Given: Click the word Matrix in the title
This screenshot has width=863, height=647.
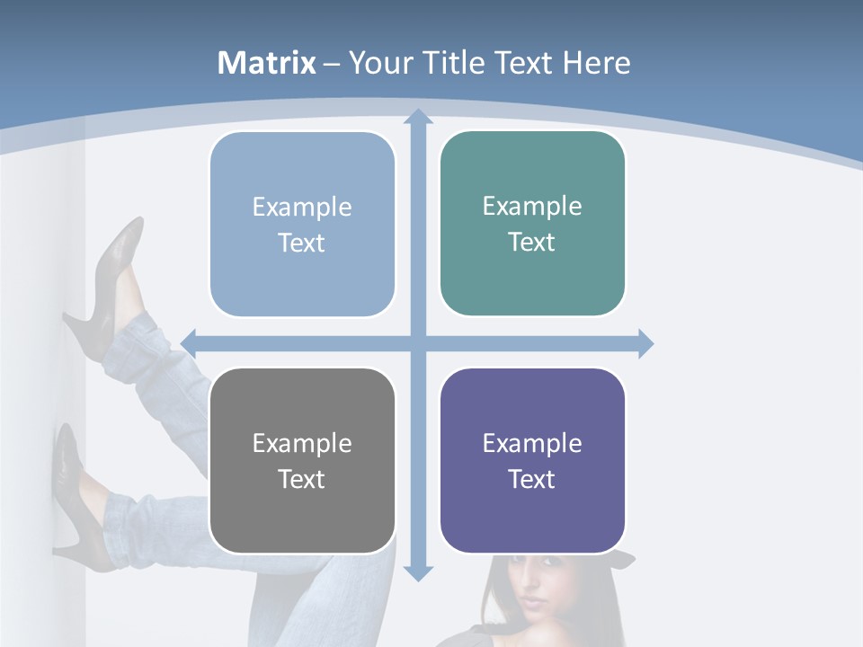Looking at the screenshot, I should (266, 63).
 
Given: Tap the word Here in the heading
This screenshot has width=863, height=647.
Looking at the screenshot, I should (596, 63).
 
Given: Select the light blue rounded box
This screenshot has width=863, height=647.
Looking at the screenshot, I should (302, 225).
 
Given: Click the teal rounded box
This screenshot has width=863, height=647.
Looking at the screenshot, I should (532, 224).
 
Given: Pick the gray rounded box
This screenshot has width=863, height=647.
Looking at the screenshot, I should (302, 461).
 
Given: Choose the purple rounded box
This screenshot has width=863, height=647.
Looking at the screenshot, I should (532, 461).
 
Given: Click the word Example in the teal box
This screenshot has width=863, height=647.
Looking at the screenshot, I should (532, 207).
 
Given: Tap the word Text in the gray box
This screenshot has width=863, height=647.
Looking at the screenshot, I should (301, 479).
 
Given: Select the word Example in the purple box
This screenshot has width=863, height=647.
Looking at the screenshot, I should (532, 443).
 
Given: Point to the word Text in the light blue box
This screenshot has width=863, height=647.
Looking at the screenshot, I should (301, 243).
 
